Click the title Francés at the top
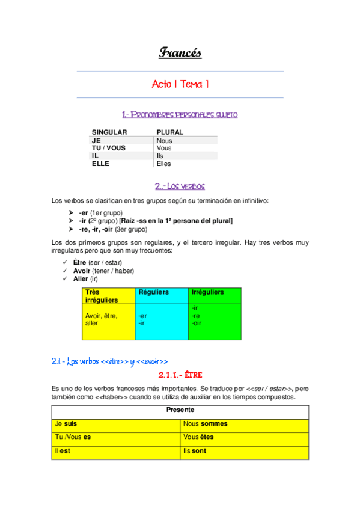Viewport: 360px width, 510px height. click(x=180, y=53)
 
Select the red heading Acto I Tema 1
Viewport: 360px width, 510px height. click(x=180, y=85)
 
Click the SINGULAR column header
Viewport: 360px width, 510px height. click(x=109, y=132)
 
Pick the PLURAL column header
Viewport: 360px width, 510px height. click(x=169, y=132)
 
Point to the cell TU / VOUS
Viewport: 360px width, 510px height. click(x=108, y=148)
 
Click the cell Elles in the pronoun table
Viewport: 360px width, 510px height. click(x=163, y=164)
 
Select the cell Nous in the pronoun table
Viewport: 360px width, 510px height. click(x=164, y=141)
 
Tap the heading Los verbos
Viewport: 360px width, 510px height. click(x=180, y=186)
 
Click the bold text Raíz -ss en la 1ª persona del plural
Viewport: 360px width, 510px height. click(x=177, y=221)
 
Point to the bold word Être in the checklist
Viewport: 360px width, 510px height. click(x=79, y=263)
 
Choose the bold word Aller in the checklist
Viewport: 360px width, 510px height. click(x=80, y=278)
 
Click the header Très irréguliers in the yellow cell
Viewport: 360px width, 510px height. click(x=101, y=295)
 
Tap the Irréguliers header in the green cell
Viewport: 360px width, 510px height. click(x=207, y=292)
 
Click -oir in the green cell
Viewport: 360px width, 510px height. click(x=196, y=323)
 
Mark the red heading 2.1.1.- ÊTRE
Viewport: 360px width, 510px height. click(x=180, y=375)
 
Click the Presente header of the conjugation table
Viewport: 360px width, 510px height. click(x=180, y=410)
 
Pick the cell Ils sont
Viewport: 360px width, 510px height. click(x=195, y=450)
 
